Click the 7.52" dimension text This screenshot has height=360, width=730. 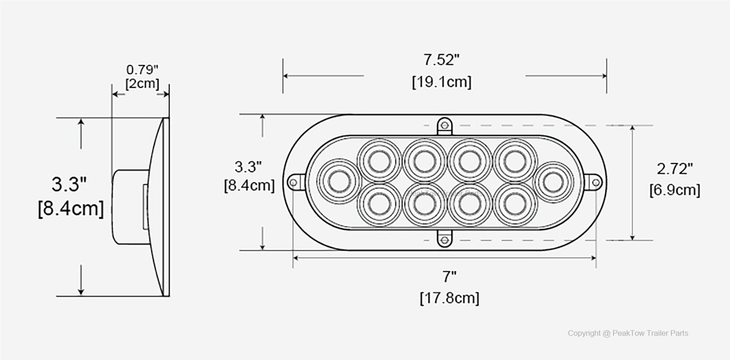point(442,60)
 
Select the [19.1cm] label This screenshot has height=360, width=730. point(442,82)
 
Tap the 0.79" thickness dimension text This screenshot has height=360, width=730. point(142,68)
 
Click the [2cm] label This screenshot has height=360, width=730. point(142,83)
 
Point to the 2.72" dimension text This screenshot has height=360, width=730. point(674,169)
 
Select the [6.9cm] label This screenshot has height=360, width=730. point(674,190)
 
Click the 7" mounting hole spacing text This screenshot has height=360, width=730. point(449,277)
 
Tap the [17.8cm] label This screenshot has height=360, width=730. point(449,298)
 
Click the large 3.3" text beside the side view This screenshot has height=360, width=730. point(69,184)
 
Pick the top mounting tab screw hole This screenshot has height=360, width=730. point(444,125)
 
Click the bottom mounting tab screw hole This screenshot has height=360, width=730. point(444,240)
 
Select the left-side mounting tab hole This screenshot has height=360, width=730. point(293,182)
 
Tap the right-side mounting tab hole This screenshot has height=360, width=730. point(596,182)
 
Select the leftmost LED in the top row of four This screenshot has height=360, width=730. point(378,161)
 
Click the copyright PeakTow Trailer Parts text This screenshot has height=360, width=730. point(627,333)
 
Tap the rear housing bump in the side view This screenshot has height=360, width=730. point(126,207)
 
